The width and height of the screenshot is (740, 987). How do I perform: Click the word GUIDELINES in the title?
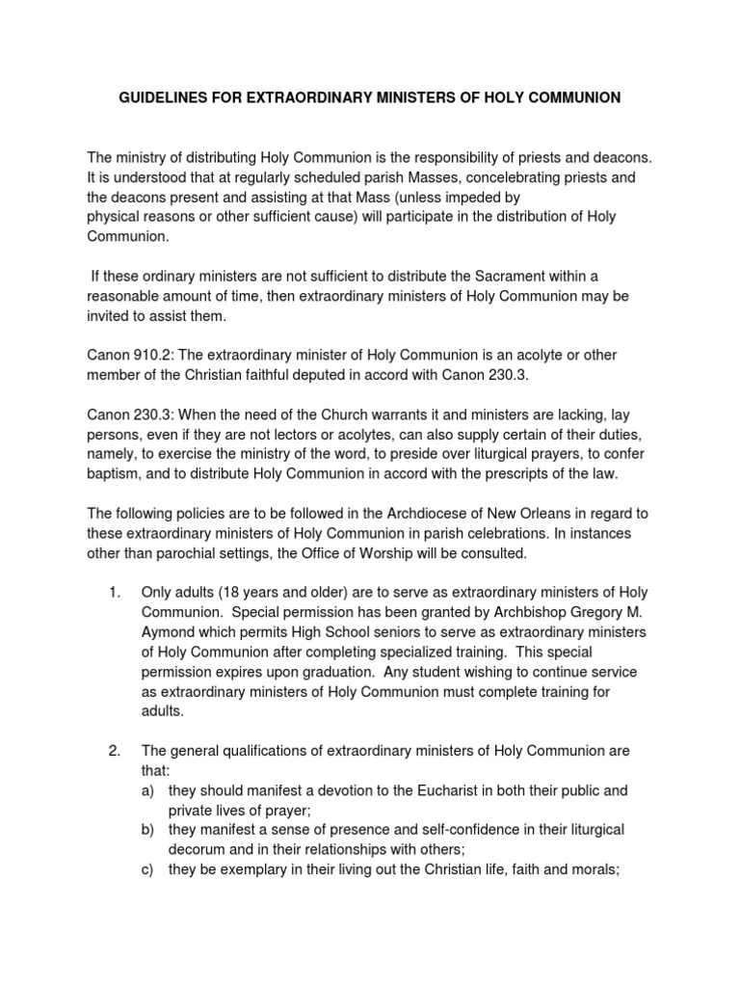click(158, 97)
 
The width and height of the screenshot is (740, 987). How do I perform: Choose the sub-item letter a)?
click(149, 789)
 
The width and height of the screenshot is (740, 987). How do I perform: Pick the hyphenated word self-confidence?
click(438, 829)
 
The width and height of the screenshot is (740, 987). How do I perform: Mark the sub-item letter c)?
click(149, 868)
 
